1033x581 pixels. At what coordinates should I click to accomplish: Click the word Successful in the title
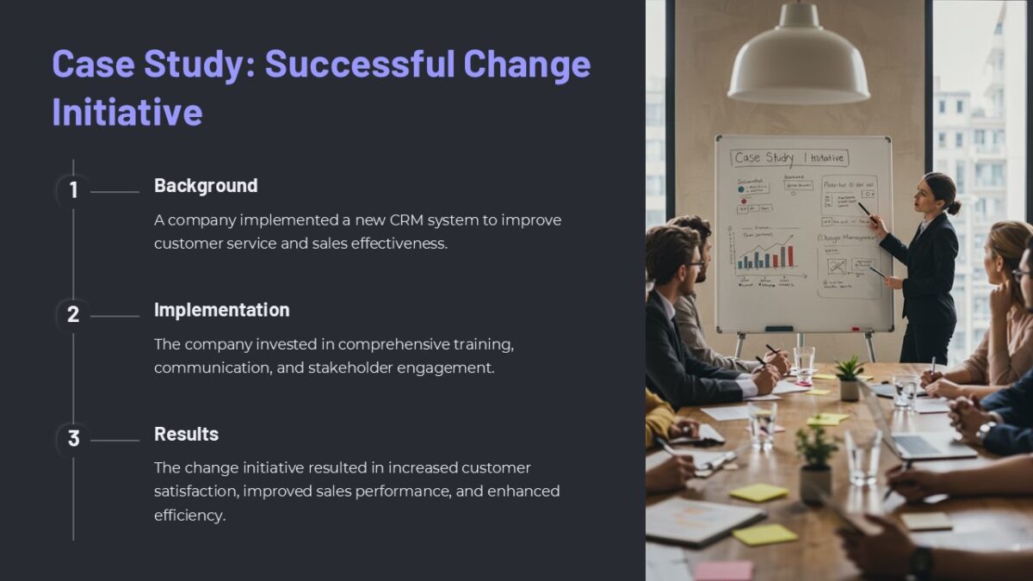[x=360, y=65]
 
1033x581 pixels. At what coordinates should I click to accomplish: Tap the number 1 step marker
[x=73, y=190]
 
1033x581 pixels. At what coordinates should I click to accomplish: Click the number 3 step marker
[x=73, y=439]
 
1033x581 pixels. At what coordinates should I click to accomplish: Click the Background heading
[x=206, y=186]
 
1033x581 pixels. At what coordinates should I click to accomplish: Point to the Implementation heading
[x=221, y=310]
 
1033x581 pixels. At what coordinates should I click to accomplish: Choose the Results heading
[x=186, y=434]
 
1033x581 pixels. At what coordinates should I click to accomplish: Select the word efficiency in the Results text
[x=189, y=516]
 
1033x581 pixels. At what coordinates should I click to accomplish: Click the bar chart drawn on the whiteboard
[x=764, y=256]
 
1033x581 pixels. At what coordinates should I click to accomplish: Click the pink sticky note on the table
[x=723, y=569]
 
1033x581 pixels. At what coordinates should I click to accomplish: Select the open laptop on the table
[x=921, y=435]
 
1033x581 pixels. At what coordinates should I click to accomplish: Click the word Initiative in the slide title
[x=127, y=113]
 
